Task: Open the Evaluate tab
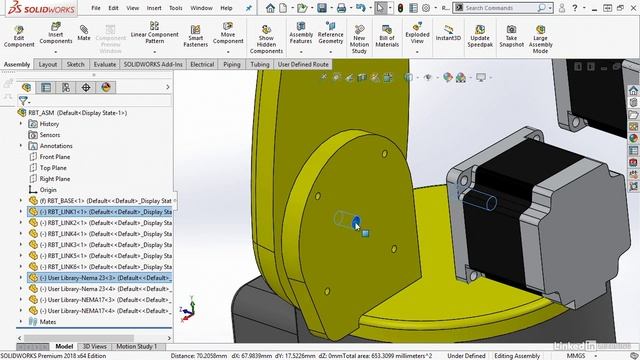105,64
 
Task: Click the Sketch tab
75,64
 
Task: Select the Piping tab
232,64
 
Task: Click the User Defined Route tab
303,64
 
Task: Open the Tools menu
175,7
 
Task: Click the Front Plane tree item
54,157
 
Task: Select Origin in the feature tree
48,189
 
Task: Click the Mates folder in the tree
48,322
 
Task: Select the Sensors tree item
49,135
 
